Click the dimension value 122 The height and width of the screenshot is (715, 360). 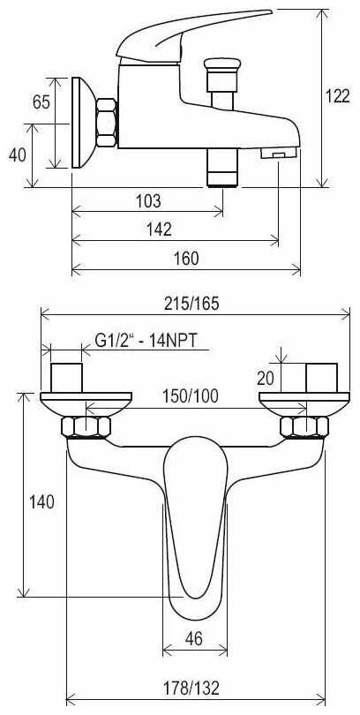338,96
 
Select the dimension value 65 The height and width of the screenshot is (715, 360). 41,102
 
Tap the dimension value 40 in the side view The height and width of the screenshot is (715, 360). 18,155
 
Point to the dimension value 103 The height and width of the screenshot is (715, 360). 148,201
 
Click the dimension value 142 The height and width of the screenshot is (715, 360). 159,230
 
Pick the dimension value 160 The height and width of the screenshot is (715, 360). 187,259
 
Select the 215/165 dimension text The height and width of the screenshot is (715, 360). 195,304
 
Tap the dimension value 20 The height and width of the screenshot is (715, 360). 266,378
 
